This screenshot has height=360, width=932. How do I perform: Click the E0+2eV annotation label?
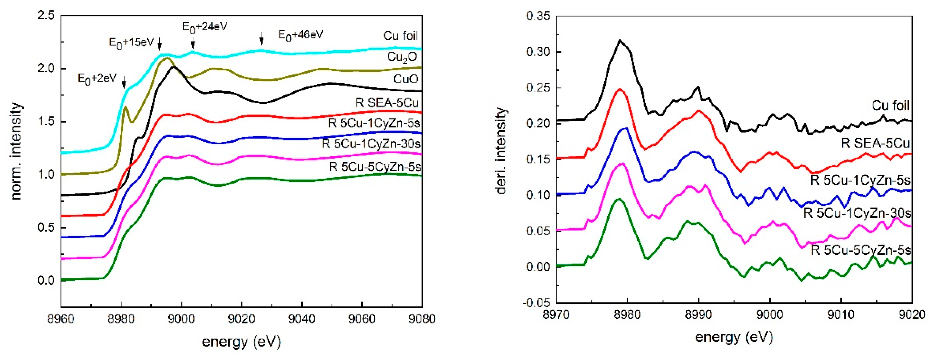pyautogui.click(x=97, y=78)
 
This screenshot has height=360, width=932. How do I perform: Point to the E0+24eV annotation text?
pyautogui.click(x=205, y=27)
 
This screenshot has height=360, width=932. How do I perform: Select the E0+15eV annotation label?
pyautogui.click(x=131, y=43)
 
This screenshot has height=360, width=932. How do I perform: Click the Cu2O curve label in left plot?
pyautogui.click(x=402, y=57)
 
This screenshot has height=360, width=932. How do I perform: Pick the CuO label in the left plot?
pyautogui.click(x=406, y=79)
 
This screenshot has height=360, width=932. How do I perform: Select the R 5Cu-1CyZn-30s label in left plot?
pyautogui.click(x=371, y=144)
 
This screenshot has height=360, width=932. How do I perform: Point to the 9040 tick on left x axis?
pyautogui.click(x=301, y=319)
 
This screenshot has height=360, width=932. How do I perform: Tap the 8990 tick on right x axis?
pyautogui.click(x=698, y=314)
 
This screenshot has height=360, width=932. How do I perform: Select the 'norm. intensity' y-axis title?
pyautogui.click(x=16, y=151)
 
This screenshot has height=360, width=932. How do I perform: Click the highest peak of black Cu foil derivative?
pyautogui.click(x=620, y=40)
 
